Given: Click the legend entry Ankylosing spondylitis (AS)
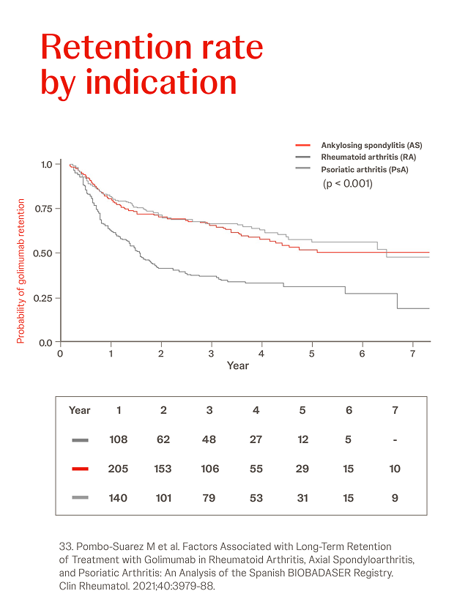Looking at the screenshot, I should coord(371,145).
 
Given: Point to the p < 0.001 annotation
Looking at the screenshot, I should coord(348,184).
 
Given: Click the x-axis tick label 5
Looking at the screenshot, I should coord(312,353).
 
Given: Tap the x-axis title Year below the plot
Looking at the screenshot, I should coord(238,365).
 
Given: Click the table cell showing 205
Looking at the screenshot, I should coord(118,469).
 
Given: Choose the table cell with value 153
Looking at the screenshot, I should coord(163,469).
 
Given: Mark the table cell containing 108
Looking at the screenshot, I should coord(118,439).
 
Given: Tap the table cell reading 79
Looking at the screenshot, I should coord(210,498).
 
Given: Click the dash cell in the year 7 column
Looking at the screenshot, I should coord(395,439).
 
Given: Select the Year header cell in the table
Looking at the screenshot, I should coord(79,410).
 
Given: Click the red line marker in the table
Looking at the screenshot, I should coord(81,469).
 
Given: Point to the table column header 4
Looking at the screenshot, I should coord(256,410).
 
